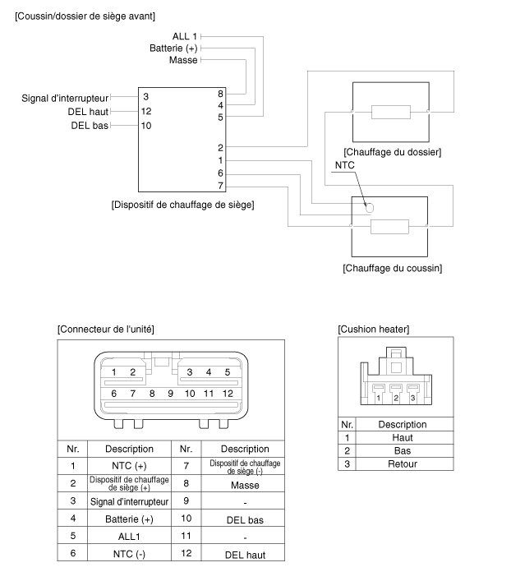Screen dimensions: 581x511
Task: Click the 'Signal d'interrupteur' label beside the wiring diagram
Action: click(x=65, y=98)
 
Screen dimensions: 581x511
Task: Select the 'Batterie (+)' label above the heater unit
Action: click(x=173, y=48)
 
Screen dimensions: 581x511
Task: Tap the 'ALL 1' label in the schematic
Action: click(x=185, y=37)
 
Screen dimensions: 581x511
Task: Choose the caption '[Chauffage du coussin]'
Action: click(x=392, y=268)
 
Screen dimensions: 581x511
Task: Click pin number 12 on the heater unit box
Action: click(x=146, y=111)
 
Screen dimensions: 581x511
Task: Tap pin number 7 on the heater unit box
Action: click(x=220, y=186)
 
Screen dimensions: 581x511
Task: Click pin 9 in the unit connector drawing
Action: click(x=170, y=394)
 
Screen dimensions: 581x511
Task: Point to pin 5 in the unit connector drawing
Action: click(x=227, y=372)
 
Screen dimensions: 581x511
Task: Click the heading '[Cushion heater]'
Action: click(x=374, y=329)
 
